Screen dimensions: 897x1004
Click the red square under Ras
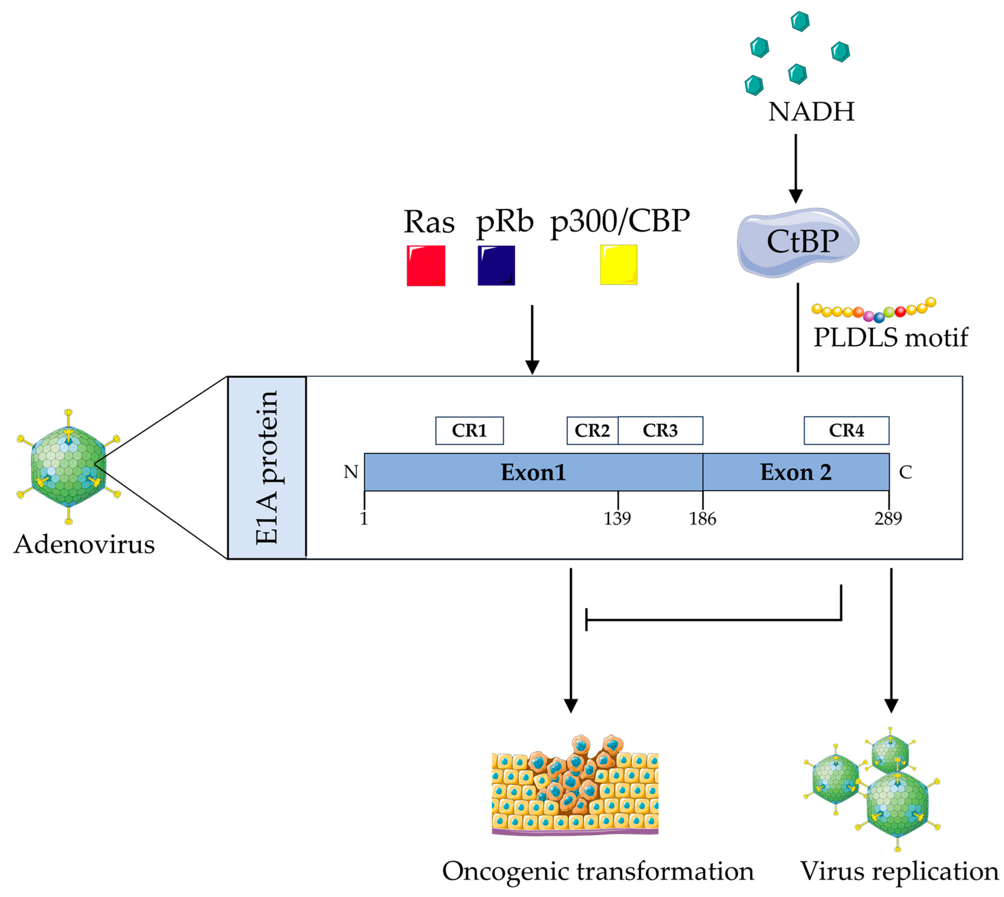pyautogui.click(x=426, y=266)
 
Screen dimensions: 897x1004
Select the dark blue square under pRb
pyautogui.click(x=496, y=266)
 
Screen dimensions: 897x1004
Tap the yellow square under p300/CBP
pyautogui.click(x=618, y=265)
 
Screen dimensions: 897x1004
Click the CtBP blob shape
pyautogui.click(x=797, y=241)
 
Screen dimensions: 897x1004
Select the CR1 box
pyautogui.click(x=469, y=431)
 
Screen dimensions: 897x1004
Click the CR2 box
pyautogui.click(x=592, y=431)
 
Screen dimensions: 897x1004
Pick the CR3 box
pyautogui.click(x=660, y=431)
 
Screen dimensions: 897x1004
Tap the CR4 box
pyautogui.click(x=846, y=431)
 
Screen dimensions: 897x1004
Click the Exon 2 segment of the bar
pyautogui.click(x=795, y=472)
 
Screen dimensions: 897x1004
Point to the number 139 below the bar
pyautogui.click(x=617, y=518)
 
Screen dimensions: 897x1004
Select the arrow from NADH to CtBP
pyautogui.click(x=795, y=167)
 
